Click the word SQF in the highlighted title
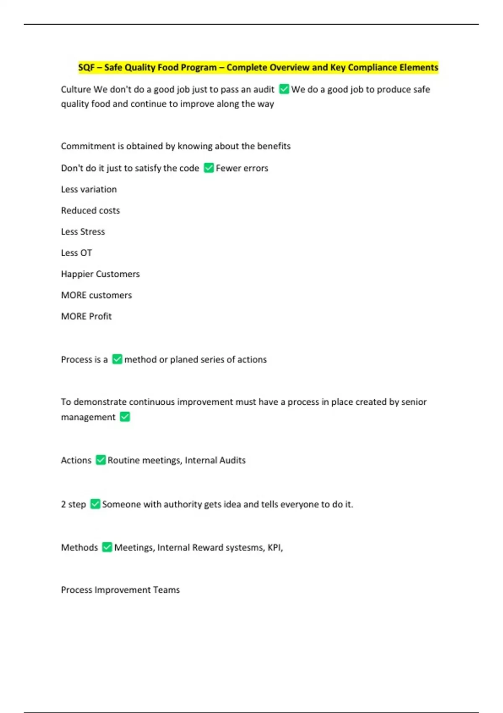pyautogui.click(x=86, y=68)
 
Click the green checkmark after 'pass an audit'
pyautogui.click(x=284, y=89)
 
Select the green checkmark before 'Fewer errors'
pyautogui.click(x=209, y=168)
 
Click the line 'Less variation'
pyautogui.click(x=89, y=190)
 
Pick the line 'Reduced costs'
pyautogui.click(x=91, y=211)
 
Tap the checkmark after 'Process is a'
pyautogui.click(x=117, y=359)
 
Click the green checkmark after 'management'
pyautogui.click(x=125, y=417)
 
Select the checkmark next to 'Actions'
pyautogui.click(x=101, y=460)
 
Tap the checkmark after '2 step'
pyautogui.click(x=96, y=504)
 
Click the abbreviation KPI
pyautogui.click(x=275, y=548)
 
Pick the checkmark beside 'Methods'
pyautogui.click(x=107, y=547)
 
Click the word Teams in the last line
pyautogui.click(x=166, y=590)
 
